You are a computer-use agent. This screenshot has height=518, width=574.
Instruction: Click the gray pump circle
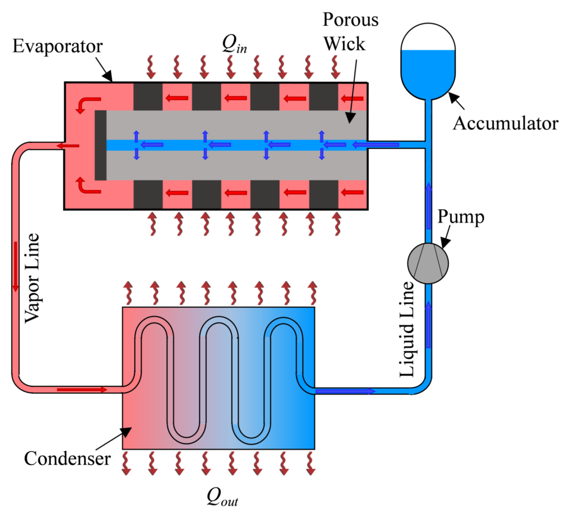pos(428,263)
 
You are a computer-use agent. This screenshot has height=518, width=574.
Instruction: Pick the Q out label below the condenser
pos(221,496)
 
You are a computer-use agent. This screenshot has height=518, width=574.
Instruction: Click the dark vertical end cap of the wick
pos(100,145)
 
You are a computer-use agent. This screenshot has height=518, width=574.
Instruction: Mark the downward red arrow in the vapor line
pos(16,266)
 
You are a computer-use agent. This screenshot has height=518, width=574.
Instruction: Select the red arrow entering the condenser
pos(82,389)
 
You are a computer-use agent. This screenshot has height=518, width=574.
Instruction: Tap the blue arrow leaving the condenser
pos(345,391)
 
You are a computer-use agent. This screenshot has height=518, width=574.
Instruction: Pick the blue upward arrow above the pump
pos(429,205)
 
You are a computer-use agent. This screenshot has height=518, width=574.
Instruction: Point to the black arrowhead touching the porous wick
pos(350,117)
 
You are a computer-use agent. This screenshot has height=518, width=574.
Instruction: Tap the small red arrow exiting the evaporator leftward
pos(68,146)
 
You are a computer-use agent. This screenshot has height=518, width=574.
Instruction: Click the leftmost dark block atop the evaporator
pos(148,97)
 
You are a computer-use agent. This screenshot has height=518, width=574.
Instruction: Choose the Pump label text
pos(462,218)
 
